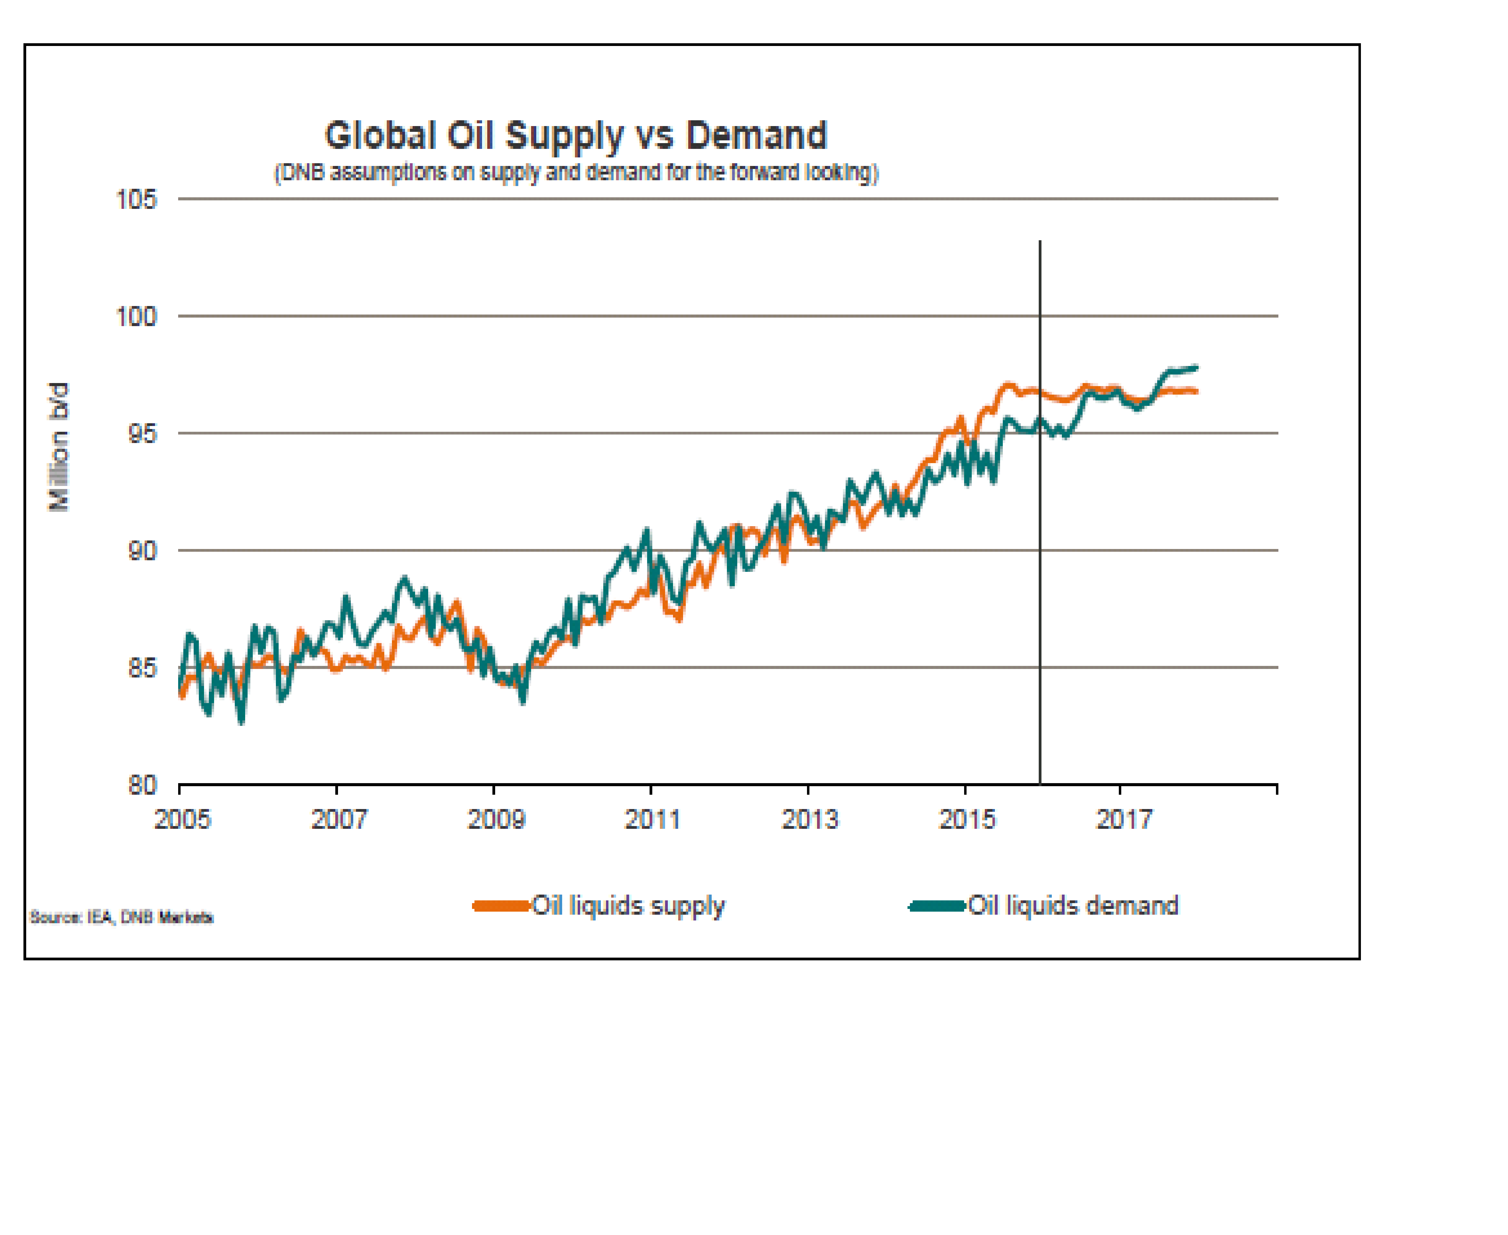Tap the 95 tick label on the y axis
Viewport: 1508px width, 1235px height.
coord(142,434)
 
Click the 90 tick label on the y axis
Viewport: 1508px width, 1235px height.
coord(142,551)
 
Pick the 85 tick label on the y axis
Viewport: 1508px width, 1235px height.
coord(142,668)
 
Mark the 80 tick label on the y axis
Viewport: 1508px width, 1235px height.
coord(142,785)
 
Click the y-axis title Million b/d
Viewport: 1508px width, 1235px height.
coord(59,447)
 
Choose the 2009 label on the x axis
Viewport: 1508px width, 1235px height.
coord(496,820)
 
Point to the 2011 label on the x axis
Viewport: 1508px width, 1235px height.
coord(652,820)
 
